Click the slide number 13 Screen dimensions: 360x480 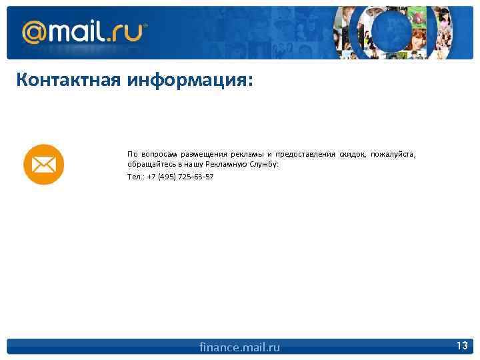click(461, 345)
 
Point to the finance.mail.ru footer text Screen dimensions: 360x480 click(240, 347)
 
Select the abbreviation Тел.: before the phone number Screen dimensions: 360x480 click(135, 177)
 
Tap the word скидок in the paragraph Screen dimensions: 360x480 click(353, 154)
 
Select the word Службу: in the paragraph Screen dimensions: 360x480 click(264, 164)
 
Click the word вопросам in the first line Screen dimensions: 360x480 click(158, 154)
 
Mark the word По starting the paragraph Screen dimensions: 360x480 click(132, 154)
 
